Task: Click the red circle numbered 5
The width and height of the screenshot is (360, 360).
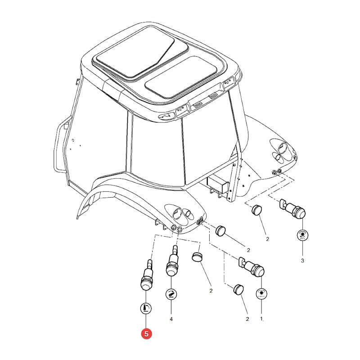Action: point(146,334)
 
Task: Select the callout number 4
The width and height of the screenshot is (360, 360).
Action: point(171,319)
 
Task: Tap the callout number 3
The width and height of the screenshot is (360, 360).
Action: point(302,261)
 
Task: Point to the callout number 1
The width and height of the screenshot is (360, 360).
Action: point(261,319)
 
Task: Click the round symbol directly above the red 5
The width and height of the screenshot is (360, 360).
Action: point(146,308)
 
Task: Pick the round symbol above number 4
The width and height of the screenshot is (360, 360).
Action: point(171,294)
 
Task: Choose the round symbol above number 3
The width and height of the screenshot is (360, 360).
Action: point(302,235)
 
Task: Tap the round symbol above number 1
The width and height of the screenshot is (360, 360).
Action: point(261,294)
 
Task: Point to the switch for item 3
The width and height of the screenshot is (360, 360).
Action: point(292,209)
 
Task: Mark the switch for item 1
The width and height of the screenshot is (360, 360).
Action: point(252,267)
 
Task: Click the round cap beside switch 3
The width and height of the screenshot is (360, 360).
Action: point(256,210)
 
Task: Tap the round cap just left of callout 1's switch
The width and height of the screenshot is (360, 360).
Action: point(238,289)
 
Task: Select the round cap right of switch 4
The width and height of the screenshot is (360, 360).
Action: point(197,256)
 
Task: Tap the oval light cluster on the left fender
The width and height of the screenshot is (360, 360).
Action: point(181,213)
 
